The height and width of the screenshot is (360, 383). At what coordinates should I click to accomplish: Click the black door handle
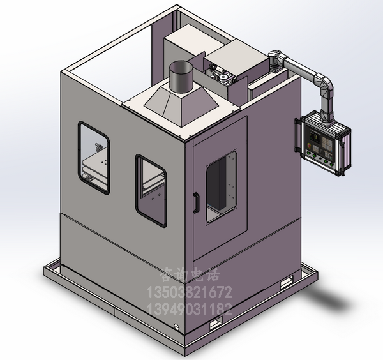(196, 203)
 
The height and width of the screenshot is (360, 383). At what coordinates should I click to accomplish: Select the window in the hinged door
(222, 186)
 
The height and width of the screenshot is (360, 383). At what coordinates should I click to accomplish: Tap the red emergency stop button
(310, 146)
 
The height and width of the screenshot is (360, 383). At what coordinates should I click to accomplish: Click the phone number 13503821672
(189, 292)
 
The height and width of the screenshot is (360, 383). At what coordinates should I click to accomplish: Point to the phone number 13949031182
(189, 309)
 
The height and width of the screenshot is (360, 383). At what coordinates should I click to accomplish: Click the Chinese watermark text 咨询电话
(190, 274)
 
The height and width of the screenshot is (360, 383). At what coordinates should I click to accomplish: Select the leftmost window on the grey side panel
(94, 158)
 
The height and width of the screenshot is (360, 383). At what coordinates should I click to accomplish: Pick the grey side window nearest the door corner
(151, 190)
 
